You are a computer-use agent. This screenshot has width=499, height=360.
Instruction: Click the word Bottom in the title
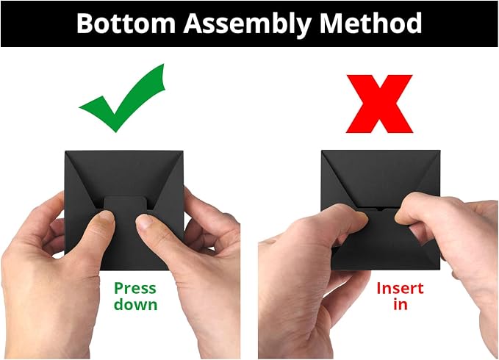pyautogui.click(x=126, y=23)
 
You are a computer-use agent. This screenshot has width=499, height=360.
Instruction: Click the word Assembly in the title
pyautogui.click(x=247, y=24)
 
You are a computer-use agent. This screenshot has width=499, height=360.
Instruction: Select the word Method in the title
pyautogui.click(x=370, y=23)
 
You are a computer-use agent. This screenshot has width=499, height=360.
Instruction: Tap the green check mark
pyautogui.click(x=122, y=98)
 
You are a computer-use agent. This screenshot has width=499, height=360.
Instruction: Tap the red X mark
pyautogui.click(x=379, y=104)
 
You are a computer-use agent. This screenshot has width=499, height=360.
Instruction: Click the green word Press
pyautogui.click(x=135, y=288)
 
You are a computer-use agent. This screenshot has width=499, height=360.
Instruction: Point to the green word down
pyautogui.click(x=135, y=304)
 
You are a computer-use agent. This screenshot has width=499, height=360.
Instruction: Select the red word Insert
pyautogui.click(x=400, y=289)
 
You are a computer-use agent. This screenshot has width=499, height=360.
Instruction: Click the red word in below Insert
pyautogui.click(x=401, y=304)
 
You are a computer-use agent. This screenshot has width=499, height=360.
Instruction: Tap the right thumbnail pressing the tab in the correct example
pyautogui.click(x=145, y=221)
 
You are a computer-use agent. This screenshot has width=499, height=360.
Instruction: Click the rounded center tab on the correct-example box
pyautogui.click(x=126, y=206)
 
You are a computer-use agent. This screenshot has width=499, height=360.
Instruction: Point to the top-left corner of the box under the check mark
pyautogui.click(x=65, y=151)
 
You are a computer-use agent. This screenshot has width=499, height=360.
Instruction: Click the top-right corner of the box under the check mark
pyautogui.click(x=183, y=151)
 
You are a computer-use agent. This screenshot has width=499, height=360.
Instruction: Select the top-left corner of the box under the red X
pyautogui.click(x=322, y=151)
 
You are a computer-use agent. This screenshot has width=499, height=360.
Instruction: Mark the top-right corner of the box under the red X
pyautogui.click(x=440, y=151)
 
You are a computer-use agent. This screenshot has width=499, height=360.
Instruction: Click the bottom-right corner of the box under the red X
pyautogui.click(x=440, y=269)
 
